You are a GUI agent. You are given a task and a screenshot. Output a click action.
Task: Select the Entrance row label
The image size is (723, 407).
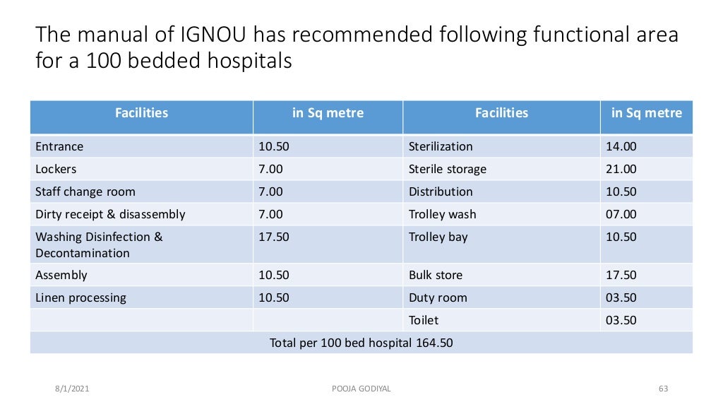coord(59,147)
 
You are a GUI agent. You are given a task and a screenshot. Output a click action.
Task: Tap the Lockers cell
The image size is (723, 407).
coord(56,170)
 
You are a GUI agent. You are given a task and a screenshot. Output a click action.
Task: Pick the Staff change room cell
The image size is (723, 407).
coord(85,192)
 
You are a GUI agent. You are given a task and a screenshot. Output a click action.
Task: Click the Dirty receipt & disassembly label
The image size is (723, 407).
coord(110,215)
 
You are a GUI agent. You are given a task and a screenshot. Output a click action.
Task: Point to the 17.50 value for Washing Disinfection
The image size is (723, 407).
coord(274,237)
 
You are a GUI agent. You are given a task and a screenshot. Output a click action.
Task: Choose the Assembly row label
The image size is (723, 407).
coord(61,276)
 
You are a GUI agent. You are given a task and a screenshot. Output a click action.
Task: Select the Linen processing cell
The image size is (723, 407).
coord(80,298)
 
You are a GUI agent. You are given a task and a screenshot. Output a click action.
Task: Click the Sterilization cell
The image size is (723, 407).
coord(441,147)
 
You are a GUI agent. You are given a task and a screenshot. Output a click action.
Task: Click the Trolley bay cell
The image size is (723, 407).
coord(438,237)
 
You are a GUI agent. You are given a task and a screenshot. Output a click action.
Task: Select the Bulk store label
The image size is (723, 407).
coord(436,276)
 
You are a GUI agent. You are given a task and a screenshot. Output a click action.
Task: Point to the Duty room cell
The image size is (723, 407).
coord(438,298)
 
